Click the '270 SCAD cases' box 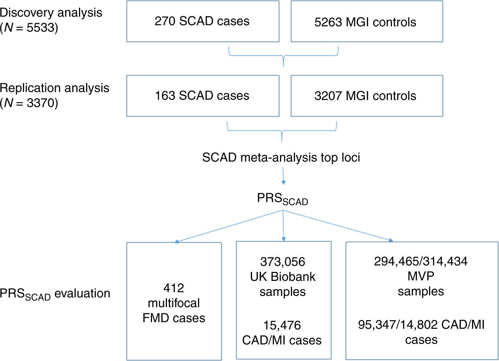point(203,21)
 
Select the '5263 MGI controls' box point(366,21)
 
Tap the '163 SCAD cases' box point(203,96)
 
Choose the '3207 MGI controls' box point(366,96)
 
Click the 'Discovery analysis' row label point(51,12)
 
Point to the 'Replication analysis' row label point(55,88)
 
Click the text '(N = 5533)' point(29,28)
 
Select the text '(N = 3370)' point(29,103)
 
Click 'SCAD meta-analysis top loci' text point(281,157)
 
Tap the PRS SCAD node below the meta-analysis point(282,199)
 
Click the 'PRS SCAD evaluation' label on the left point(55,294)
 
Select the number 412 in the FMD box point(174,288)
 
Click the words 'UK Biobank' point(283,277)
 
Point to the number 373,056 point(283,262)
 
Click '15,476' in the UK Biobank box point(282,325)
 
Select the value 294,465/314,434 point(421,261)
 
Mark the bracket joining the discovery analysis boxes point(283,56)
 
